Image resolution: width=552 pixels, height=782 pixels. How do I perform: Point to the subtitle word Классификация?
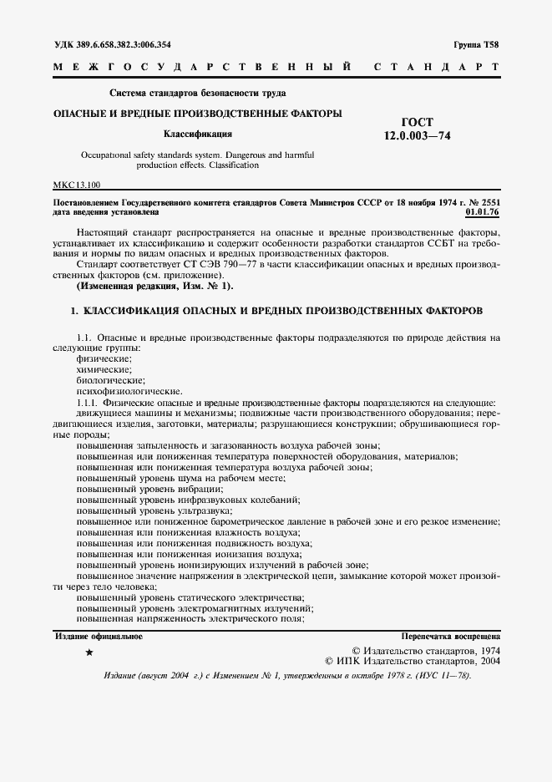pos(197,133)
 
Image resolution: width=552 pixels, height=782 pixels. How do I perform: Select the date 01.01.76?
pos(482,212)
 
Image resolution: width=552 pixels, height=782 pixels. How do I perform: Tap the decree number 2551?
pos(487,201)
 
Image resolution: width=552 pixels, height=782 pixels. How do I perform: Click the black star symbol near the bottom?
pos(89,652)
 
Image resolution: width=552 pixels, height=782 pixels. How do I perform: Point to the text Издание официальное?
pos(99,637)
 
